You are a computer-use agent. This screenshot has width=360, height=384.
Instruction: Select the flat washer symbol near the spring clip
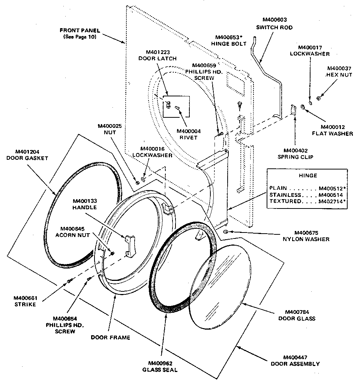(302, 109)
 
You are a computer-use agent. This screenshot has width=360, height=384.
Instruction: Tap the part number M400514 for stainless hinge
(331, 195)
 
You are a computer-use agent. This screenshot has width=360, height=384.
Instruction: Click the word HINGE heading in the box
(308, 175)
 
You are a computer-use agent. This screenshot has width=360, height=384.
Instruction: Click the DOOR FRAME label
(110, 337)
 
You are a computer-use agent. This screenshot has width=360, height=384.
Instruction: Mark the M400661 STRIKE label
(26, 301)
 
